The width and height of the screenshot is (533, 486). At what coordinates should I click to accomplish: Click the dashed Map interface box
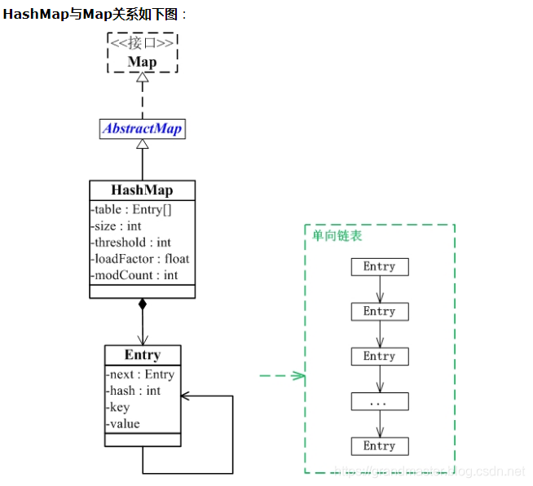tap(143, 53)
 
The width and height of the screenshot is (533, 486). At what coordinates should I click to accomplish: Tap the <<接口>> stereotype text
tap(143, 43)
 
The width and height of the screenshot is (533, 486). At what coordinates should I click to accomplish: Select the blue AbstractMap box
tap(142, 129)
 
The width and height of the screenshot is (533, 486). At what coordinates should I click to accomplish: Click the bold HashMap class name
tap(142, 190)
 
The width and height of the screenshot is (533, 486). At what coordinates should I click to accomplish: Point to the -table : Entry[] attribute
tap(131, 209)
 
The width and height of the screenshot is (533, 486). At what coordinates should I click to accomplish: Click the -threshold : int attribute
tap(130, 242)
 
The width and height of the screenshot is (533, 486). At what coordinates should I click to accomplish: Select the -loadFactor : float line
tap(139, 259)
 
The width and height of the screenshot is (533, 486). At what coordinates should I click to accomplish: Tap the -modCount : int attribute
tap(134, 275)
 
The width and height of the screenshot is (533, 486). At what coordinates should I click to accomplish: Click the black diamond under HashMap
tap(143, 304)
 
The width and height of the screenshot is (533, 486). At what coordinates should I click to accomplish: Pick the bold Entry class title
tap(143, 355)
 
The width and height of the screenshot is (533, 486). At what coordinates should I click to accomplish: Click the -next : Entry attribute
tap(140, 374)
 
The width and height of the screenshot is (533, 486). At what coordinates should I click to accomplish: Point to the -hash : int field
tap(134, 391)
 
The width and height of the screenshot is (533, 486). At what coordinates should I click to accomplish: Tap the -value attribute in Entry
tap(123, 423)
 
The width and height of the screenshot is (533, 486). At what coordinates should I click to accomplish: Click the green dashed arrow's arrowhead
tap(300, 375)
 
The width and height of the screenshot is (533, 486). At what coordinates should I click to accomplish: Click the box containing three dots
tap(379, 401)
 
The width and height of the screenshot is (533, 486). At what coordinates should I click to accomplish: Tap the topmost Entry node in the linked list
tap(379, 267)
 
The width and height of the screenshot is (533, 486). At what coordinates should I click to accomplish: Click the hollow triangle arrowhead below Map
tap(143, 78)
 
